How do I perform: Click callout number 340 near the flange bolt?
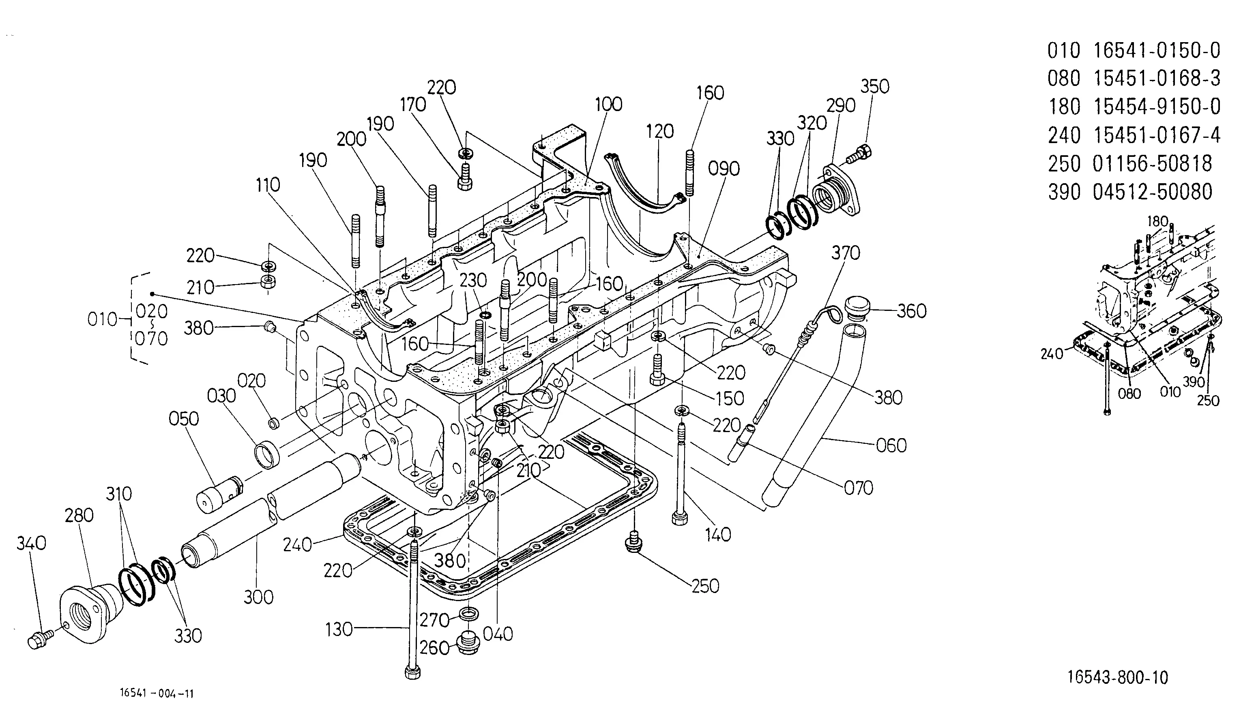click(32, 543)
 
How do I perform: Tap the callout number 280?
click(79, 516)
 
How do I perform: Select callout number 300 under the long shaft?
click(258, 597)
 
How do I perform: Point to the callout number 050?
click(184, 419)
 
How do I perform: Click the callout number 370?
click(846, 253)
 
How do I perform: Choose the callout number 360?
click(912, 311)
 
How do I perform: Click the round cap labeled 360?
click(857, 307)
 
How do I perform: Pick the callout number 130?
click(339, 629)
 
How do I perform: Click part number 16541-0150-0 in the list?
click(1157, 51)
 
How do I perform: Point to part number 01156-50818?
click(1153, 163)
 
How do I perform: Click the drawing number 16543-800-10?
click(1118, 678)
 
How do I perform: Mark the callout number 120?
click(660, 132)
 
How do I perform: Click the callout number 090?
click(724, 169)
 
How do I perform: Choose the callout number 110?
click(268, 185)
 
